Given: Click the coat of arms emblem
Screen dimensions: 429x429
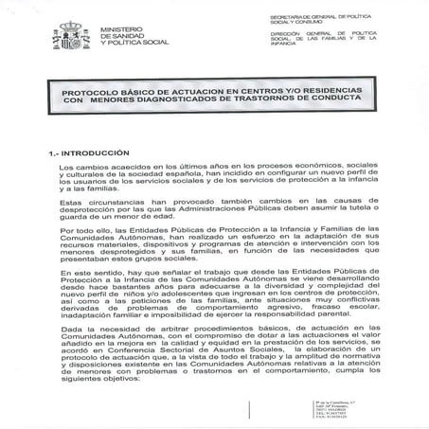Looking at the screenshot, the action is (71, 34).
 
